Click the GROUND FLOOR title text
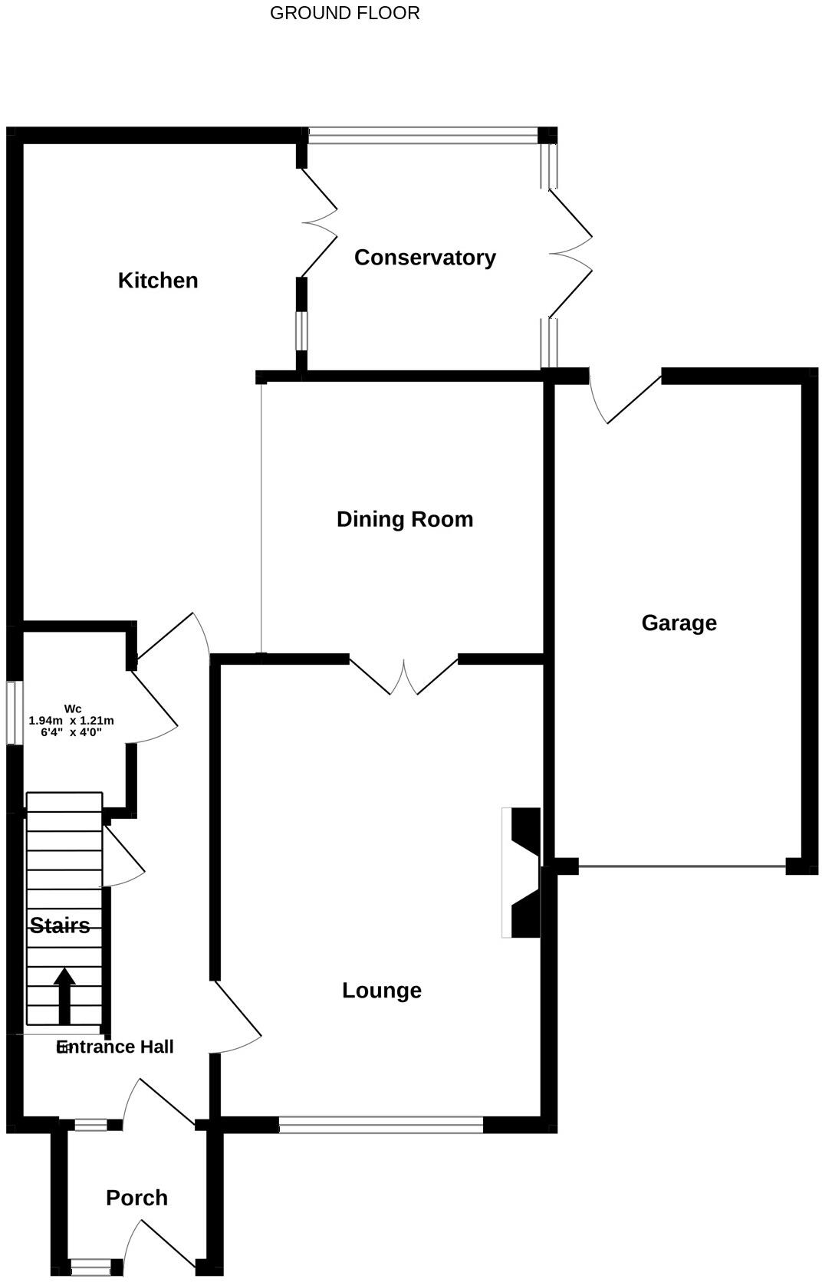[344, 13]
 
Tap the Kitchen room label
[158, 281]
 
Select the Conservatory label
[425, 258]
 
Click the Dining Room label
[405, 519]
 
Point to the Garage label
[679, 623]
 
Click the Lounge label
[381, 990]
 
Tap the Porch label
[136, 1198]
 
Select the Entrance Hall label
[116, 1047]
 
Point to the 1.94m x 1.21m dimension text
[71, 721]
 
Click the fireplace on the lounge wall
[523, 873]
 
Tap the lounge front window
[381, 1125]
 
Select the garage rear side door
[625, 400]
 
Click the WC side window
[14, 712]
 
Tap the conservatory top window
[423, 136]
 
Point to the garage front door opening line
[682, 866]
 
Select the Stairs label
[60, 925]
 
